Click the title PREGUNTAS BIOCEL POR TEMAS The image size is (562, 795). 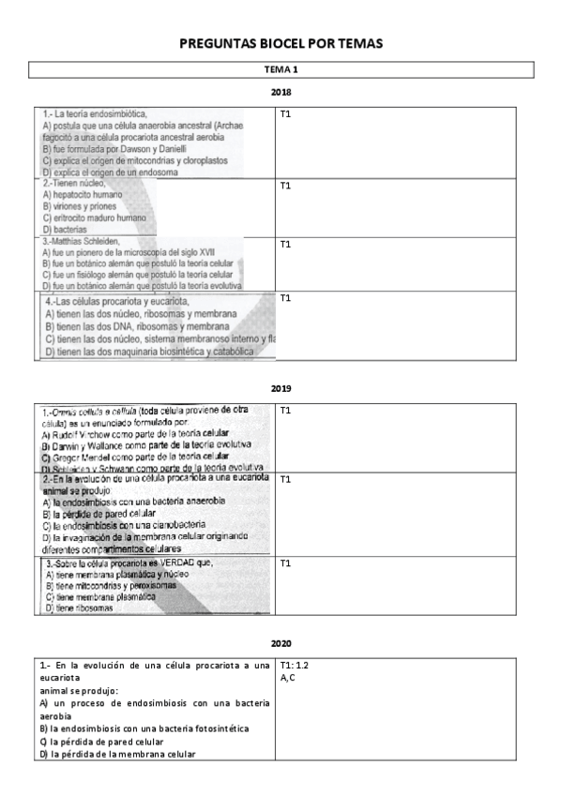tap(281, 44)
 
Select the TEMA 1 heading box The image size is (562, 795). tap(281, 70)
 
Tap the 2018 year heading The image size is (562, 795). tap(281, 92)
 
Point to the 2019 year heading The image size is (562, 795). tap(281, 388)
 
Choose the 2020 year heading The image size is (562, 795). tap(281, 643)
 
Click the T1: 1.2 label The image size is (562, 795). tap(295, 665)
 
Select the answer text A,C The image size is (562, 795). tap(288, 676)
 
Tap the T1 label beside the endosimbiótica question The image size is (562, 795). tap(286, 114)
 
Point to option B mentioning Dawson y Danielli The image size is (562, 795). tap(114, 148)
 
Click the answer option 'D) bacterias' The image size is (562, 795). tap(65, 229)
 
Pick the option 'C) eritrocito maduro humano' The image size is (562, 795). tap(94, 217)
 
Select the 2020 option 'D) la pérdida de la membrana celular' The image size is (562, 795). tap(117, 754)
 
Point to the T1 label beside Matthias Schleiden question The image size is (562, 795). tap(286, 244)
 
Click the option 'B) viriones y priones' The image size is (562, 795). tap(80, 206)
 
